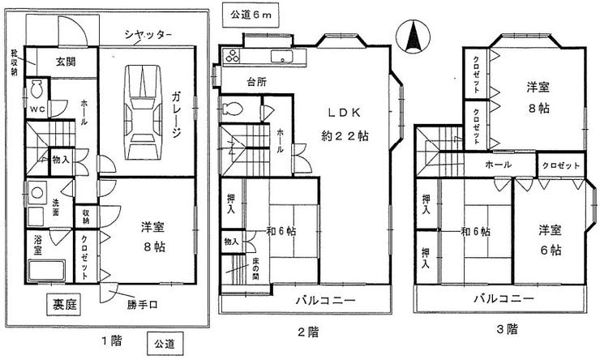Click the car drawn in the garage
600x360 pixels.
point(144,111)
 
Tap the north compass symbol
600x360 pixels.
point(411,36)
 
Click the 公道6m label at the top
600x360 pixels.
point(247,14)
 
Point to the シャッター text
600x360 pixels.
point(148,35)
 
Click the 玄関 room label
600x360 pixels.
point(66,62)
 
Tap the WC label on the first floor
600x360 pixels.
point(37,109)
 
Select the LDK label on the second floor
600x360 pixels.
point(343,112)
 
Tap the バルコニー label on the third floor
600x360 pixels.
point(504,298)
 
